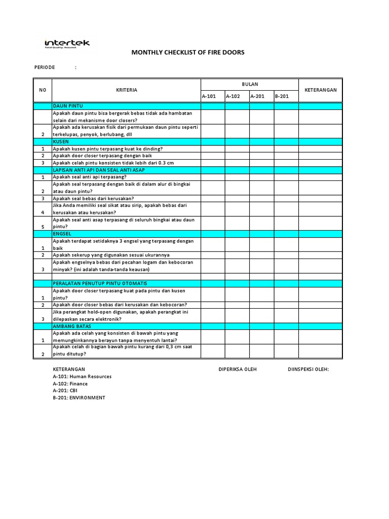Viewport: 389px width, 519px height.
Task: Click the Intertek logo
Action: pyautogui.click(x=67, y=44)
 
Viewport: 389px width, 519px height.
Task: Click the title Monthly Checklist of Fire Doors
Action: pyautogui.click(x=188, y=52)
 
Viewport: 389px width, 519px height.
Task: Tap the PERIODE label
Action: pyautogui.click(x=45, y=67)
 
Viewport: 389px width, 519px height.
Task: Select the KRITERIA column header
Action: pyautogui.click(x=126, y=90)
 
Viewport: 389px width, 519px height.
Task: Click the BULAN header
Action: pyautogui.click(x=250, y=84)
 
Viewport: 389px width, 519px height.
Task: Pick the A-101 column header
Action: pyautogui.click(x=209, y=96)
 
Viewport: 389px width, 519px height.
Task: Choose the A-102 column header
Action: pyautogui.click(x=233, y=96)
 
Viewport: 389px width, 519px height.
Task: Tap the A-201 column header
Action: pyautogui.click(x=258, y=96)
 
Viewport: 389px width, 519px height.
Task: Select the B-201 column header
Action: pyautogui.click(x=282, y=96)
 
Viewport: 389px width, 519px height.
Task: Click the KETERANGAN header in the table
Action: pyautogui.click(x=320, y=90)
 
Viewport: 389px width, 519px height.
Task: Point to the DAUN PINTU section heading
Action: pyautogui.click(x=68, y=106)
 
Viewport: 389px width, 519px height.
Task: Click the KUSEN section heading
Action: pyautogui.click(x=61, y=142)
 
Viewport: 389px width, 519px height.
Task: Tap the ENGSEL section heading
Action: pyautogui.click(x=62, y=234)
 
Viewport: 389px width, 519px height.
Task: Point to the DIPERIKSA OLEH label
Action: pyautogui.click(x=238, y=369)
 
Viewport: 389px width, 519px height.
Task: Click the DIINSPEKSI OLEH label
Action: pyautogui.click(x=308, y=369)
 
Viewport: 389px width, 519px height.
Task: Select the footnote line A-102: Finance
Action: pyautogui.click(x=70, y=384)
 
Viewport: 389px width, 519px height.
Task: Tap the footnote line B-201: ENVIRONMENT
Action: pyautogui.click(x=79, y=398)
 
